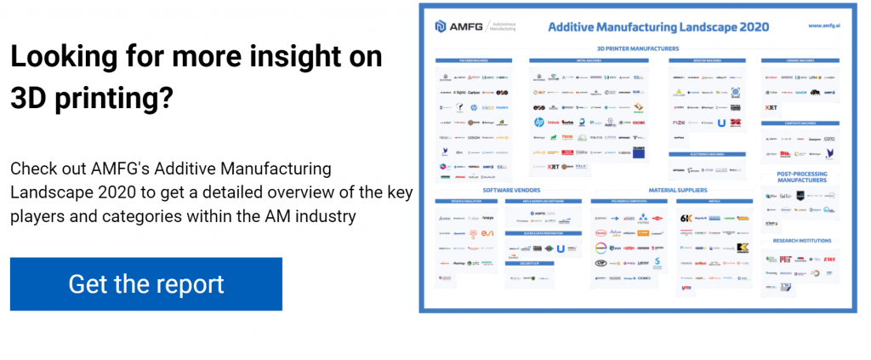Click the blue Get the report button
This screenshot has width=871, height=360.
(145, 284)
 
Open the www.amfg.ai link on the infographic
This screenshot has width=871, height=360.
(826, 26)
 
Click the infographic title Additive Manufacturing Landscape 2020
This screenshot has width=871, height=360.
(658, 26)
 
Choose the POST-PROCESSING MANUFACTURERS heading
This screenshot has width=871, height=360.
(801, 177)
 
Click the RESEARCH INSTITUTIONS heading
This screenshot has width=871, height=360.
(801, 241)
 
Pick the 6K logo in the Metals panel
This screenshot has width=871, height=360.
(686, 218)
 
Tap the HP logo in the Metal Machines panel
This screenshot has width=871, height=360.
(538, 122)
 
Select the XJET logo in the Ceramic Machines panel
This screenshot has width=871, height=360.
(771, 108)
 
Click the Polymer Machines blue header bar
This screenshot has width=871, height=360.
(474, 61)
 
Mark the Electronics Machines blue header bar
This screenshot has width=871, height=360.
(709, 154)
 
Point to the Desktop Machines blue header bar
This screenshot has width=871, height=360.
(709, 61)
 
